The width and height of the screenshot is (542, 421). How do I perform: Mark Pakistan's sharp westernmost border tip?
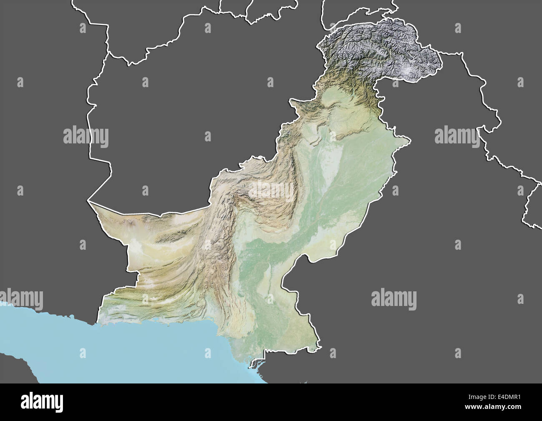88,202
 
